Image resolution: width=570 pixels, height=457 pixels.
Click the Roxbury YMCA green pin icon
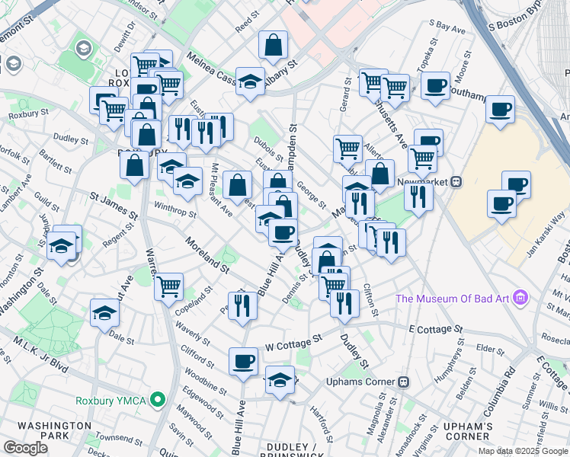(158, 399)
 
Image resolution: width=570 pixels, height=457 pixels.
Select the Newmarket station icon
(456, 182)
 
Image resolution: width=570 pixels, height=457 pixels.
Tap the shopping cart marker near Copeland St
(168, 286)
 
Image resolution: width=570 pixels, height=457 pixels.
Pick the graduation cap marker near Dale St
(104, 313)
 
